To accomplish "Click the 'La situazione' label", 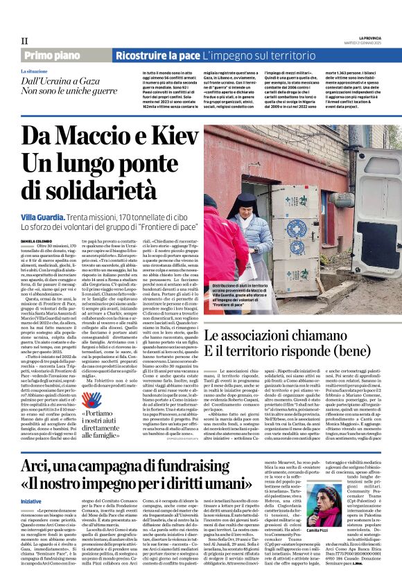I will [x=34, y=71].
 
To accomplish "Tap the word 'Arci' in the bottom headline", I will [x=35, y=467].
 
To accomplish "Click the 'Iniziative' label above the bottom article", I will [x=31, y=501].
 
